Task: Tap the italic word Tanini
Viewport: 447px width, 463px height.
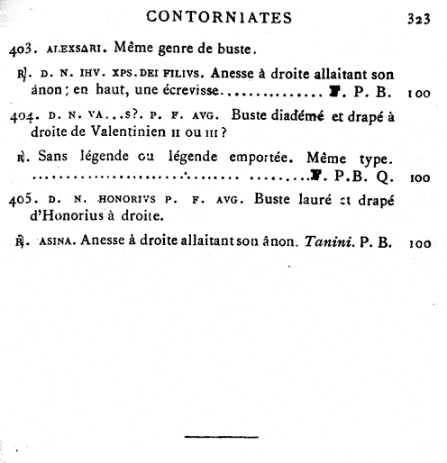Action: pyautogui.click(x=325, y=241)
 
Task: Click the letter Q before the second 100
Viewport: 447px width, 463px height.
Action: pyautogui.click(x=386, y=177)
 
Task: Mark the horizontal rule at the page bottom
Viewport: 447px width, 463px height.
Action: pyautogui.click(x=221, y=437)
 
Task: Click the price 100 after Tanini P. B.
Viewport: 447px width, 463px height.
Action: pyautogui.click(x=420, y=242)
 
